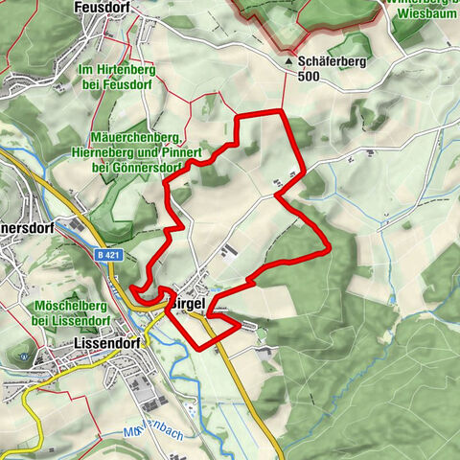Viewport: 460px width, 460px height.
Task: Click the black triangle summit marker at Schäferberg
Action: pyautogui.click(x=288, y=60)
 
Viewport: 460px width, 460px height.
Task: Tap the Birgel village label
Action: pyautogui.click(x=191, y=300)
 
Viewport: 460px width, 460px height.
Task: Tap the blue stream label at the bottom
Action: pyautogui.click(x=152, y=434)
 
